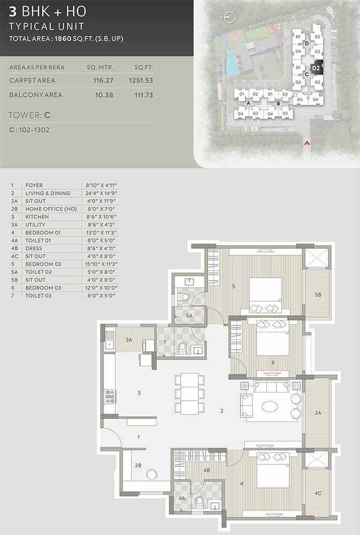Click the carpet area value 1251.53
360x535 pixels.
[x=141, y=81]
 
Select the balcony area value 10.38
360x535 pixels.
[x=104, y=95]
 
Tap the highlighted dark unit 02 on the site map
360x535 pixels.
[x=316, y=68]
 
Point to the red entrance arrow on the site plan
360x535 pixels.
[x=307, y=143]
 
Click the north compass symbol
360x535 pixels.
[x=229, y=17]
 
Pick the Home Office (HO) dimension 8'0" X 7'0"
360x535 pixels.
[x=101, y=209]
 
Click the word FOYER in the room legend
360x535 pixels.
[x=34, y=185]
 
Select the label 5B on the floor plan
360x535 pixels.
[x=318, y=294]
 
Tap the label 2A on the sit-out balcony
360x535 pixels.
[x=318, y=413]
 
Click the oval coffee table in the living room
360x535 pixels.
[x=270, y=406]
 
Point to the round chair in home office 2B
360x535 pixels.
[x=151, y=475]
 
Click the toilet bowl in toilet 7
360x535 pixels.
[x=182, y=348]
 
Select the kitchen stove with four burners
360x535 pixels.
[x=110, y=396]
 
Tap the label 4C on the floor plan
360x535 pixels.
[x=318, y=493]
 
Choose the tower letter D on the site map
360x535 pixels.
[x=307, y=43]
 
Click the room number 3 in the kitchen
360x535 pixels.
[x=139, y=393]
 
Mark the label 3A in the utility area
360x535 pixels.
[x=128, y=340]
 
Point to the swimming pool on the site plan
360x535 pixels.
[x=232, y=63]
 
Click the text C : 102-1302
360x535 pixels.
[x=29, y=130]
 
